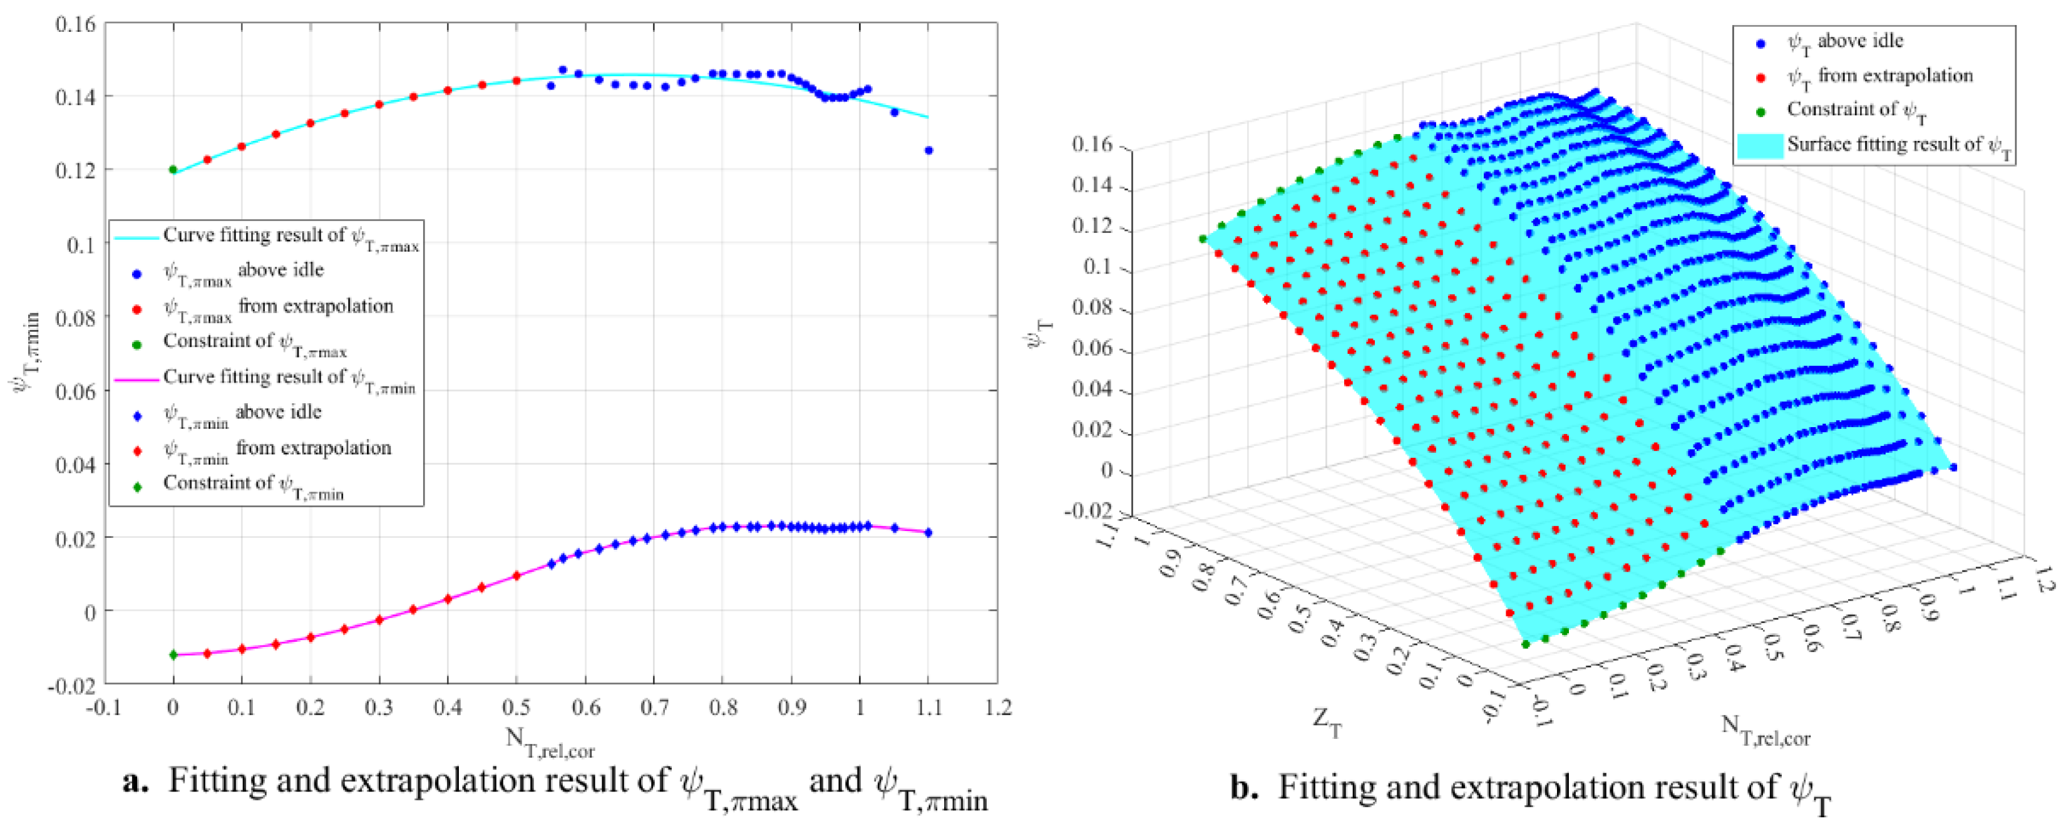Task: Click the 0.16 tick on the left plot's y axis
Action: pos(75,24)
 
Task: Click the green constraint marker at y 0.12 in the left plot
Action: pos(173,170)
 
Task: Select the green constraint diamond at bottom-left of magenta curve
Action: pos(173,655)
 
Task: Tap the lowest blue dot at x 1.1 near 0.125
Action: pos(928,150)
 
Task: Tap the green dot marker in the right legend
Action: pos(1760,111)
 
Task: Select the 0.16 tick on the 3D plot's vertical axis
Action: pos(1092,145)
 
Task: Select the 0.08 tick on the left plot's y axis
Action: pos(75,317)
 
